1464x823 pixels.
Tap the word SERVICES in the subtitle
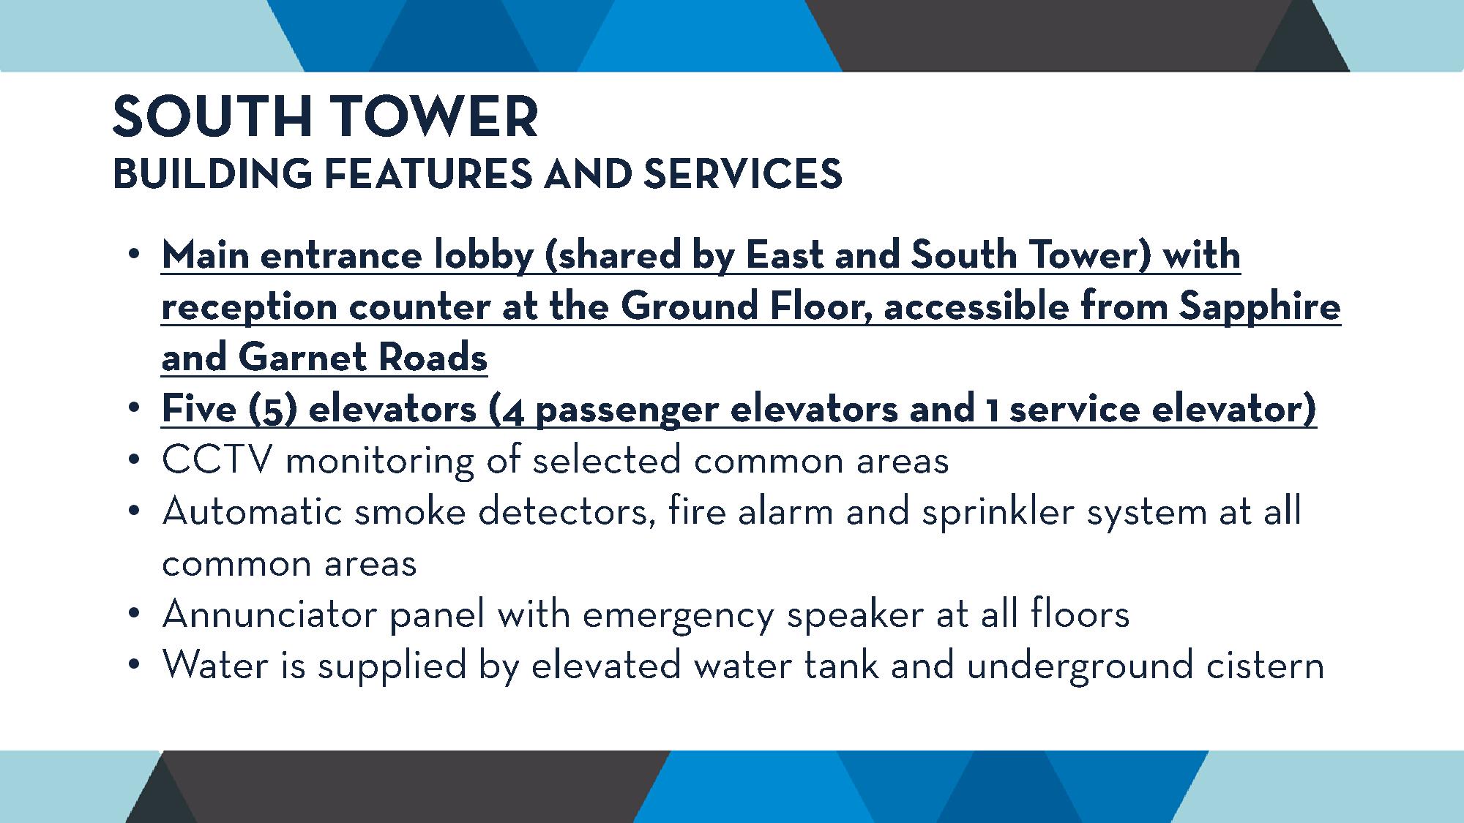[x=743, y=174]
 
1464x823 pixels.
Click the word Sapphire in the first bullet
[x=1260, y=308]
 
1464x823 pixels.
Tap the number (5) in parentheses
[x=272, y=409]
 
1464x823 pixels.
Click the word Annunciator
[x=269, y=614]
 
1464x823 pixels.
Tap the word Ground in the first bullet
[x=688, y=307]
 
